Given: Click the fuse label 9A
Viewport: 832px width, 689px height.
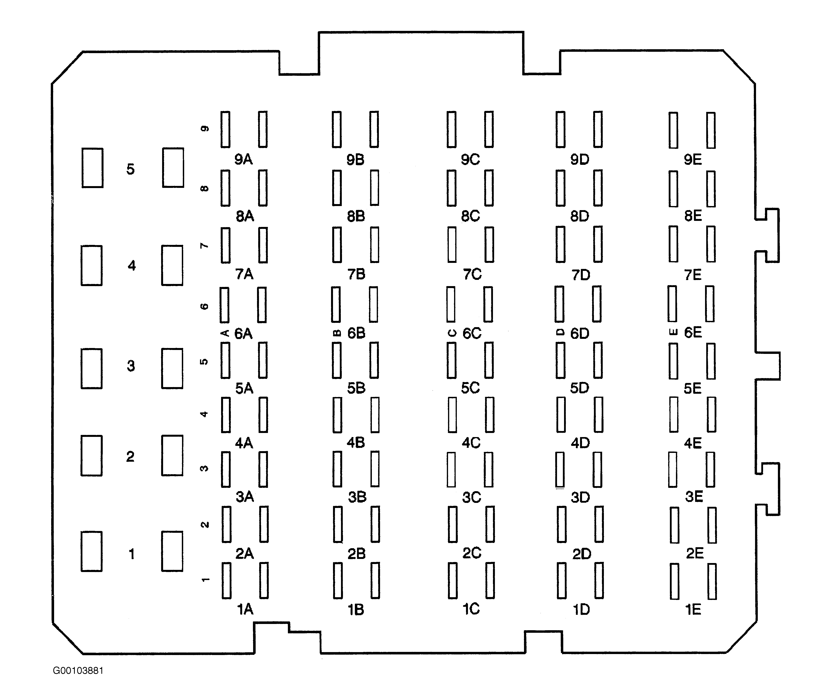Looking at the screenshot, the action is coord(243,159).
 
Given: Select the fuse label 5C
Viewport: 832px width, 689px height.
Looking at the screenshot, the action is coord(470,388).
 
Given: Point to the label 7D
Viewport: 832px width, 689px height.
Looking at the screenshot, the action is coord(581,275).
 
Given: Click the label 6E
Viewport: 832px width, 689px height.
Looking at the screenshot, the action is coord(693,332).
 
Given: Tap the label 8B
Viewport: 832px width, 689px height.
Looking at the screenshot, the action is coord(356,216).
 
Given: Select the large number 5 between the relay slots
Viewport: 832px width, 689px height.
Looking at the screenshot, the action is coord(130,169).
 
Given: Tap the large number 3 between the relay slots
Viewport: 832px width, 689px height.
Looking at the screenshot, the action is coord(131,366).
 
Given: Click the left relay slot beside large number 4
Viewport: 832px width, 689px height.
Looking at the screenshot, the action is coord(92,265).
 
